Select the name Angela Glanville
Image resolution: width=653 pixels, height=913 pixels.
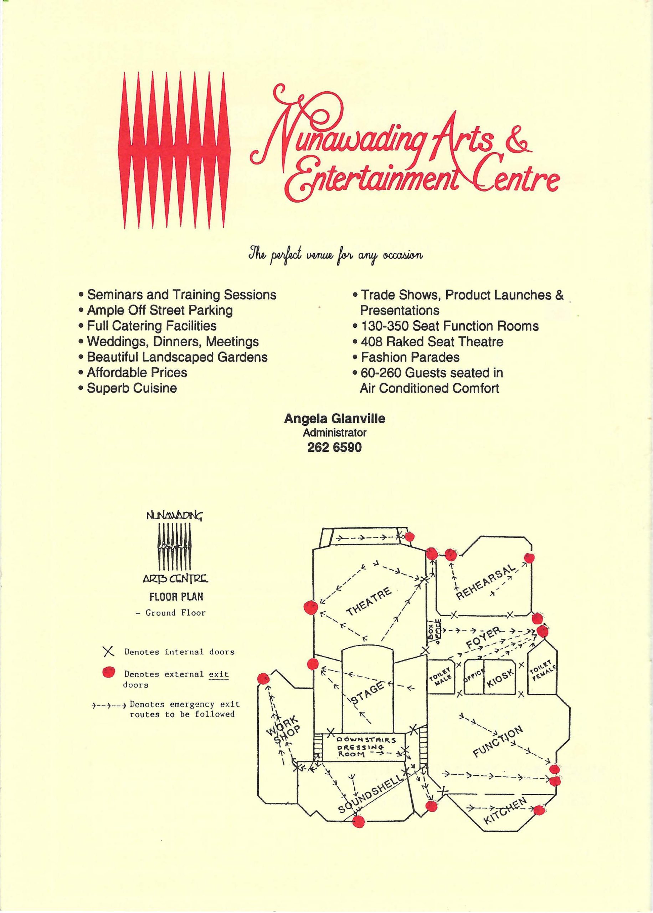tap(335, 419)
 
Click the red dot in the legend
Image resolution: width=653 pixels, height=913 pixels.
tap(109, 671)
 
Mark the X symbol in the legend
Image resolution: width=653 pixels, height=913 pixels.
tap(108, 652)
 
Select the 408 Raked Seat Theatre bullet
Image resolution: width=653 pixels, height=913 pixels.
tap(428, 342)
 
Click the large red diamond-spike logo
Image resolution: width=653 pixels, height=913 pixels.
tap(173, 151)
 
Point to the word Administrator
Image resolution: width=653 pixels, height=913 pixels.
tap(335, 433)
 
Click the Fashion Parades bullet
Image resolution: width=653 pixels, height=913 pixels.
tap(406, 357)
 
